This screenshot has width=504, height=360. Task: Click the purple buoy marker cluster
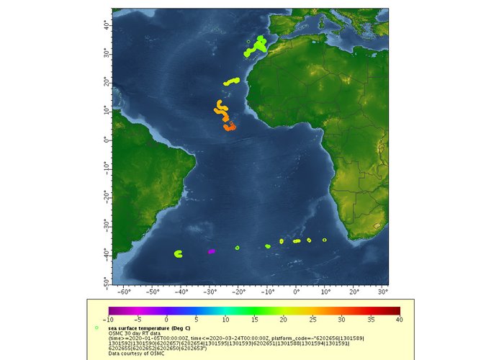[x=212, y=251]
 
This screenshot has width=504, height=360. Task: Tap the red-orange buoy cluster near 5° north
[x=230, y=127]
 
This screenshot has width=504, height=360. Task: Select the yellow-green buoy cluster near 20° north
[x=232, y=81]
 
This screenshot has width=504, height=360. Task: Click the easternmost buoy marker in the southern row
[x=325, y=240]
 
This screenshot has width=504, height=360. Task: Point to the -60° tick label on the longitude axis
[x=123, y=293]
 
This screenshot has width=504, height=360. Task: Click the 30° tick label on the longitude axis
[x=383, y=293]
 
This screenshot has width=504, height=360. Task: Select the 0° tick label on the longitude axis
[x=297, y=293]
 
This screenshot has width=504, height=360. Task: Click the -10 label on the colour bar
[x=108, y=319]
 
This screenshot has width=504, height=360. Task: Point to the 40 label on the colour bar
[x=398, y=319]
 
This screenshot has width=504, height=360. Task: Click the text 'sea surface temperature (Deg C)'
[x=150, y=327]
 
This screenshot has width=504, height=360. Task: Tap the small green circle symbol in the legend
[x=96, y=328]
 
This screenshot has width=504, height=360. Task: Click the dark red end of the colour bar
[x=395, y=310]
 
